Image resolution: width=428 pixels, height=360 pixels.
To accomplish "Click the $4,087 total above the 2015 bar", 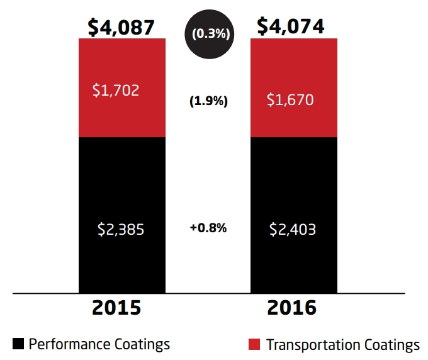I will point(121,27).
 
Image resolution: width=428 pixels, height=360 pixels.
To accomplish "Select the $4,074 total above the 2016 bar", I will point(291,27).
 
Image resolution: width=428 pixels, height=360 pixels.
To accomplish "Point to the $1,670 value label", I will point(291,99).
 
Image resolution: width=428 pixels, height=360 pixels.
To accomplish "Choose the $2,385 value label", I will point(121,229).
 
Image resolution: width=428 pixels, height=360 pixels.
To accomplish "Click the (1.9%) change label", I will point(208,101).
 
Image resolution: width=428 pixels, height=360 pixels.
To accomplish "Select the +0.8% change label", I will point(208,228).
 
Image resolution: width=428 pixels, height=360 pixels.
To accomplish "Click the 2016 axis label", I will point(292,309).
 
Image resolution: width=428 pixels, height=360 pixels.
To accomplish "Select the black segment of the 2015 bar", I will point(121,264).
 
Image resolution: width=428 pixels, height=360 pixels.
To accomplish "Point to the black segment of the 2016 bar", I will point(294,264).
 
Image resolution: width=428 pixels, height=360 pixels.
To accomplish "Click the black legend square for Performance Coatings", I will point(18,344).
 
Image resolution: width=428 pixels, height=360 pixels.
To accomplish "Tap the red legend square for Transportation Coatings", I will point(254,344).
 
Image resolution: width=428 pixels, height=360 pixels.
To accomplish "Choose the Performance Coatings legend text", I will point(99,344).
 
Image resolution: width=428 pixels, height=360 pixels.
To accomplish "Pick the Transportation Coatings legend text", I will point(343,345).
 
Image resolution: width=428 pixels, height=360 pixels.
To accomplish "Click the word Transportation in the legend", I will point(313,345).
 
